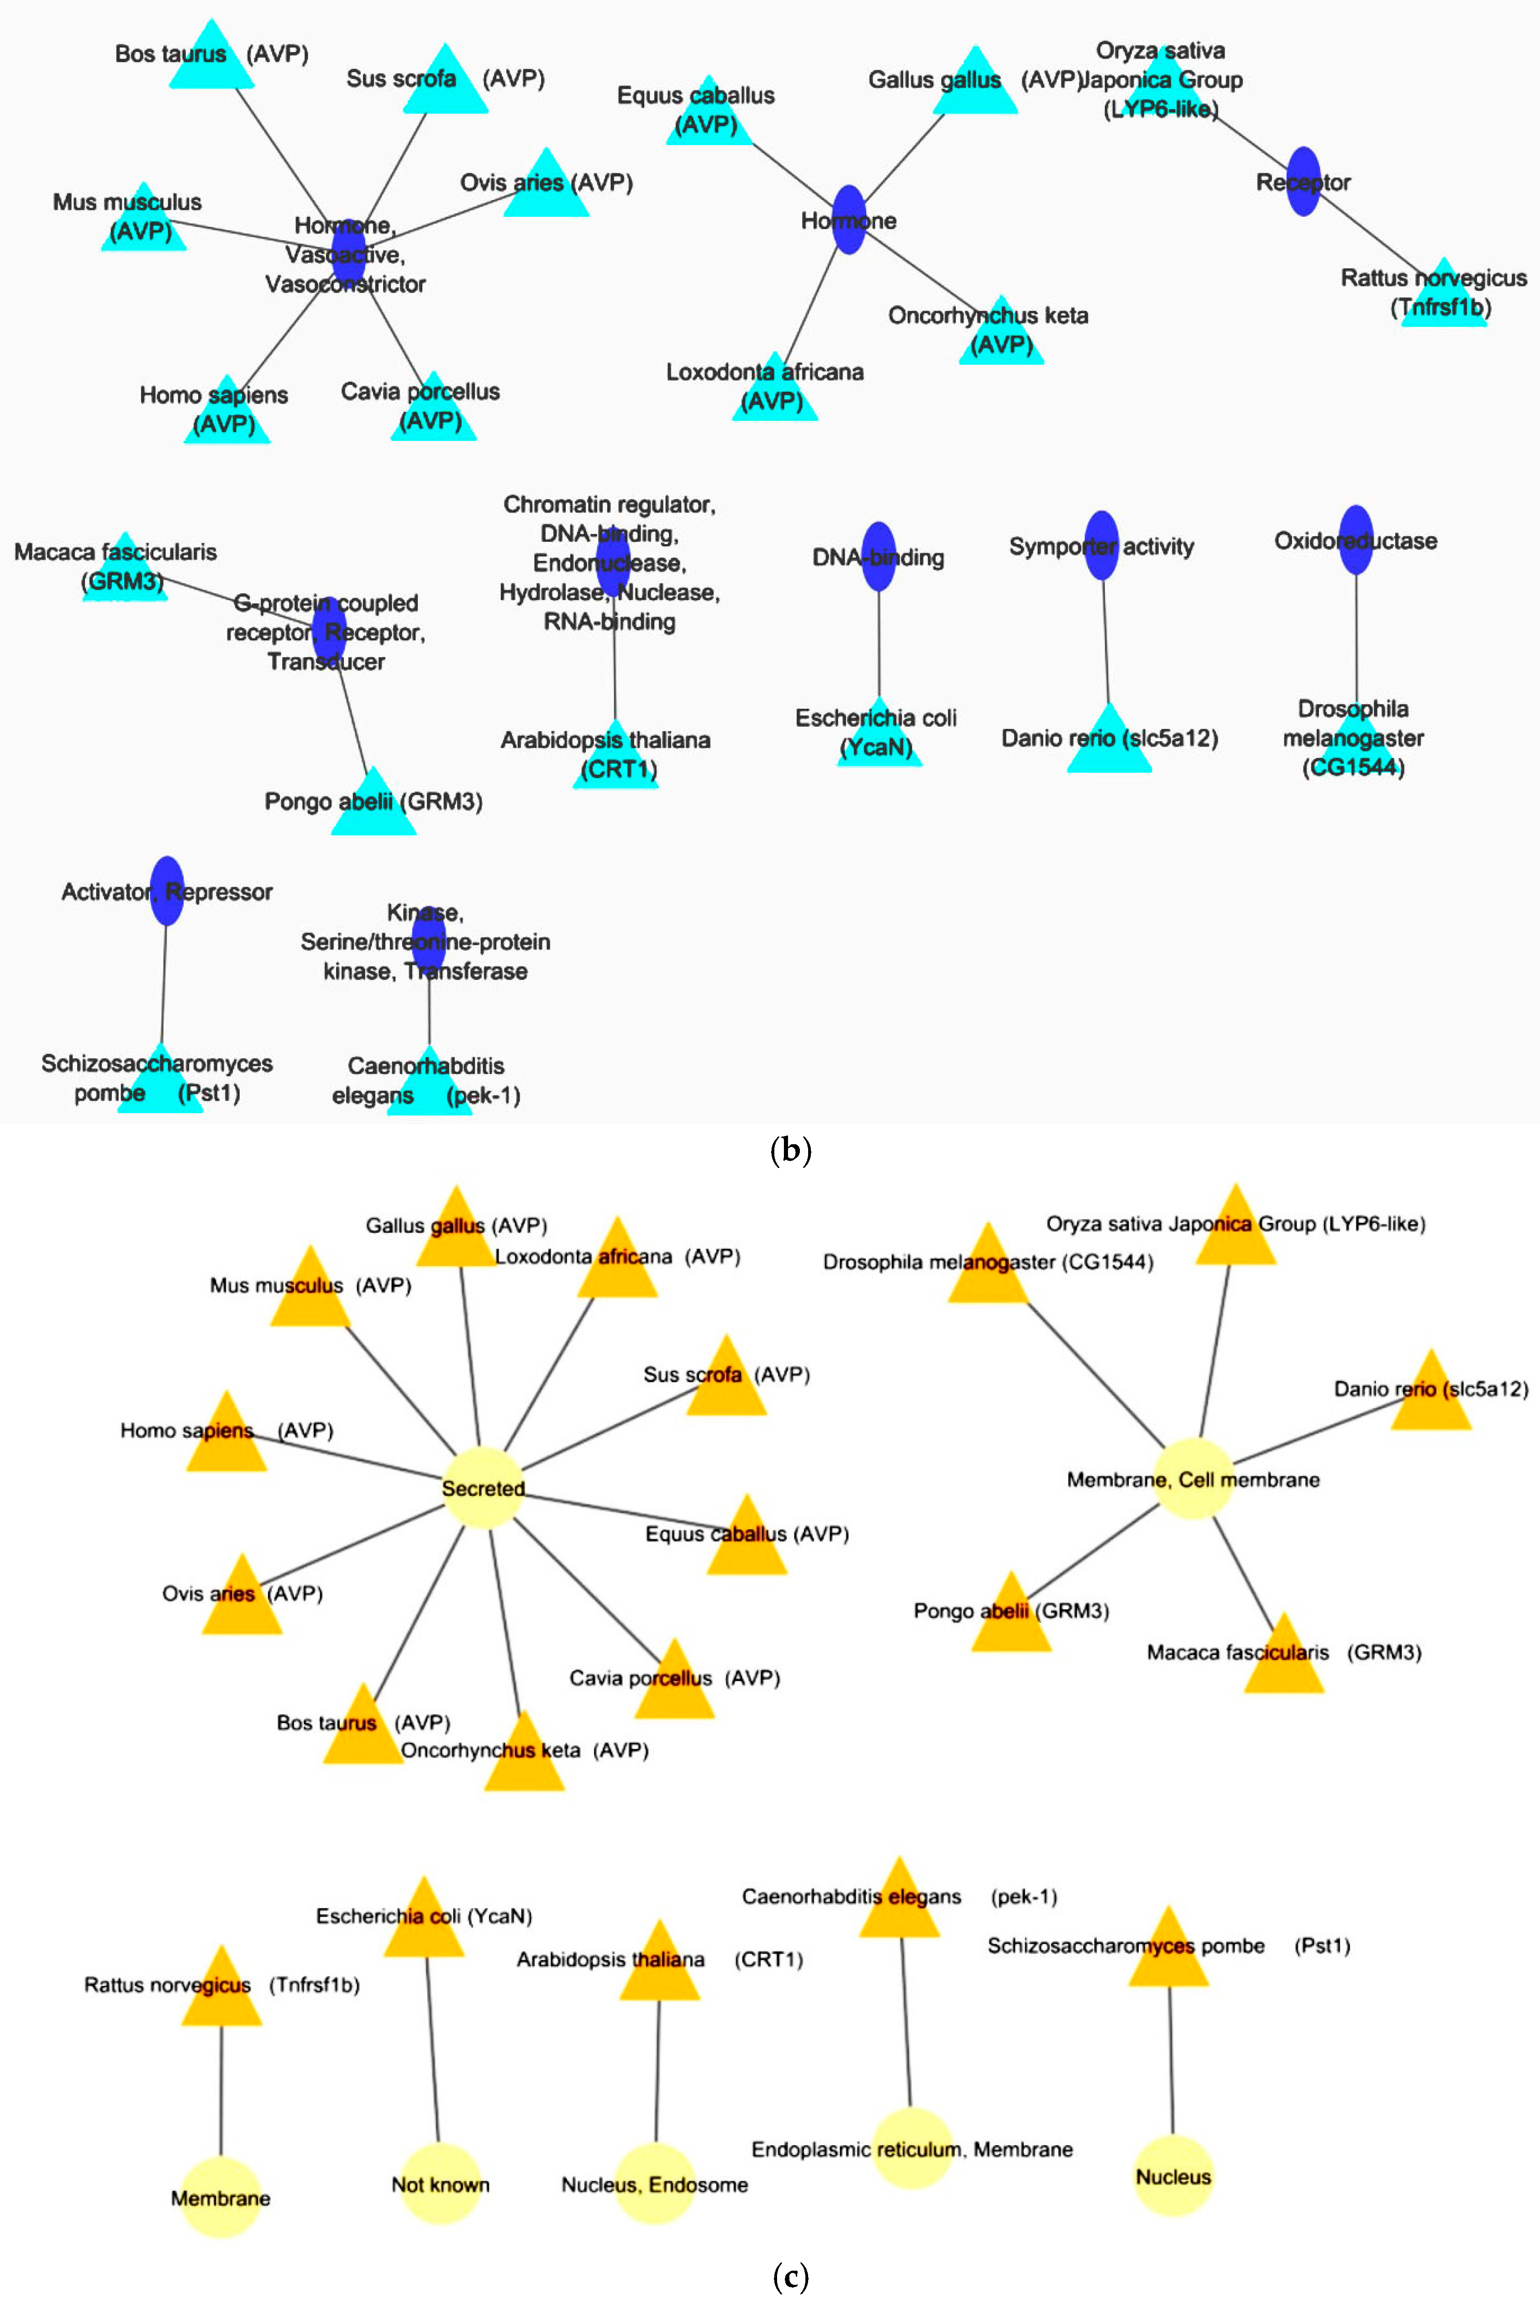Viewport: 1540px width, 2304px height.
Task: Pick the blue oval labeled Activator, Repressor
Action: click(168, 890)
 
